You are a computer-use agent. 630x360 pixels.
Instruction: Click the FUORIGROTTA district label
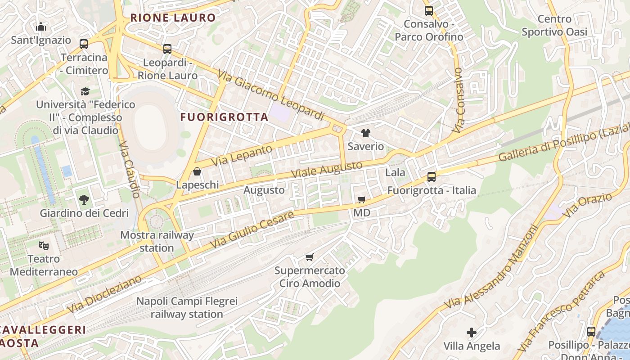224,117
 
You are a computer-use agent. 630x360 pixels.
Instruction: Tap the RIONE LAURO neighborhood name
173,18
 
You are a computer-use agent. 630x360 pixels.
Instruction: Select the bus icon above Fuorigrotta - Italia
432,177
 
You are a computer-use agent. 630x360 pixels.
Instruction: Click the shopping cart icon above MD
361,199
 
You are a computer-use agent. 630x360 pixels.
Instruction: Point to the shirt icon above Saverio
366,133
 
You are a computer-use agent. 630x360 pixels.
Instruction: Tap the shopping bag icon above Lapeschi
197,171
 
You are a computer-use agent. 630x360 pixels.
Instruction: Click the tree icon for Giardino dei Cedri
84,199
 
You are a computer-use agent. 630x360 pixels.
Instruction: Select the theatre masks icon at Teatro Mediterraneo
44,246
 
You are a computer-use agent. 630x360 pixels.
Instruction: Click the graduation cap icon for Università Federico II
85,91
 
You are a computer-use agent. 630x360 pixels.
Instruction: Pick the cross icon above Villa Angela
471,333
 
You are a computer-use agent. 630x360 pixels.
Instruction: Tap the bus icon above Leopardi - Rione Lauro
167,49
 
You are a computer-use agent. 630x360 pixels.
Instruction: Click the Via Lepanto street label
242,156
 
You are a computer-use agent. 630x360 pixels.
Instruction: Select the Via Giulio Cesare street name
252,229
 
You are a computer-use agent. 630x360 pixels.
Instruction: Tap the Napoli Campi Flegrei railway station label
187,308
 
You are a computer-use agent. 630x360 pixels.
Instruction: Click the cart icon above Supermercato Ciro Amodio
309,257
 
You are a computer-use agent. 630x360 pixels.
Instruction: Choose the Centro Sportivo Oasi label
554,25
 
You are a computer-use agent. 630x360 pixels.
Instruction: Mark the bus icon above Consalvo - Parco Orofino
428,10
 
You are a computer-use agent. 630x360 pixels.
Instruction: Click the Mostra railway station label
157,241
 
